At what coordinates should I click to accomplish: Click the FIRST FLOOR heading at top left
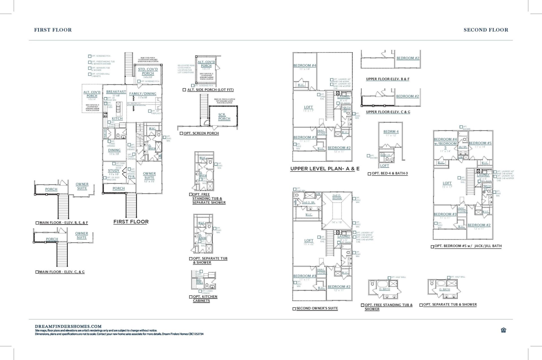(53, 30)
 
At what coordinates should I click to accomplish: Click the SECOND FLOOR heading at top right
(486, 30)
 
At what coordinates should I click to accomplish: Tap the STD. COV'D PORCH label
(148, 71)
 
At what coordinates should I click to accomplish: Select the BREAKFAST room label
(116, 92)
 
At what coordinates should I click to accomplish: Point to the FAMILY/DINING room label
(143, 94)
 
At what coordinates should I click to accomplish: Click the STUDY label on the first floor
(114, 170)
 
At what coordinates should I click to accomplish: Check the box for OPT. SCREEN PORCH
(181, 133)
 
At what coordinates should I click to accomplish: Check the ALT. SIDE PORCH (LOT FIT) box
(184, 90)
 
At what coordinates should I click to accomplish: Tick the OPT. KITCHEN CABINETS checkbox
(191, 297)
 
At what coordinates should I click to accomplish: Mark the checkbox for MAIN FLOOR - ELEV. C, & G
(37, 272)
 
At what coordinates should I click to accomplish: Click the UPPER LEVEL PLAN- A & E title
(325, 169)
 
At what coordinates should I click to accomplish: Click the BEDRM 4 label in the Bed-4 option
(391, 132)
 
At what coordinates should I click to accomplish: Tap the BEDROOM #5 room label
(480, 143)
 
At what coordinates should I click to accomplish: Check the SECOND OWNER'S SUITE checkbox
(294, 309)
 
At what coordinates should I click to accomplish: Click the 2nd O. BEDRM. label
(337, 197)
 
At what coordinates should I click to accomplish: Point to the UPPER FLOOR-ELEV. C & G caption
(388, 112)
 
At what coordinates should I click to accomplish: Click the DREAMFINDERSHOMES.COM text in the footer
(68, 326)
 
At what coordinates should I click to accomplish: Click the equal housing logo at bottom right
(503, 330)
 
